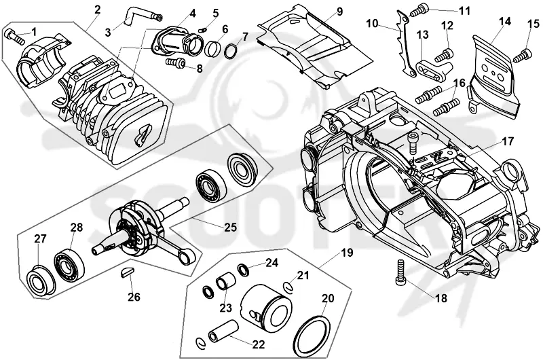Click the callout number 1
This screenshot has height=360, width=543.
pyautogui.click(x=33, y=32)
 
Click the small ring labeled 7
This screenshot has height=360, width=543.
pyautogui.click(x=231, y=50)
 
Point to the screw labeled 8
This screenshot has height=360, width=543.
pyautogui.click(x=175, y=62)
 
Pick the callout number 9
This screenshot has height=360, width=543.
pyautogui.click(x=339, y=12)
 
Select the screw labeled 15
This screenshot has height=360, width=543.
pyautogui.click(x=522, y=56)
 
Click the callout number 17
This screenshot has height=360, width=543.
pyautogui.click(x=508, y=141)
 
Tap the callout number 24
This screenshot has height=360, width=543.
pyautogui.click(x=272, y=263)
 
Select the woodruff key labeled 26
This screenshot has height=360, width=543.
pyautogui.click(x=126, y=272)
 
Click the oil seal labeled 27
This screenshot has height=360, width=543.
pyautogui.click(x=40, y=281)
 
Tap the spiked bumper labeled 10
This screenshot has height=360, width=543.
pyautogui.click(x=405, y=44)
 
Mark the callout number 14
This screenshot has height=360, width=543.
pyautogui.click(x=504, y=22)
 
